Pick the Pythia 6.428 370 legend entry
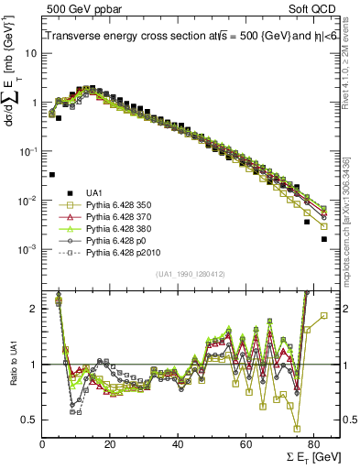click(x=115, y=218)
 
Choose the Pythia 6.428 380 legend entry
click(x=115, y=230)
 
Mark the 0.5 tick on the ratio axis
click(x=30, y=420)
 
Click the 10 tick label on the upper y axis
click(x=31, y=52)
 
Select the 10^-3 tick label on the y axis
click(x=28, y=250)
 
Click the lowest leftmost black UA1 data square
click(x=52, y=174)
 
